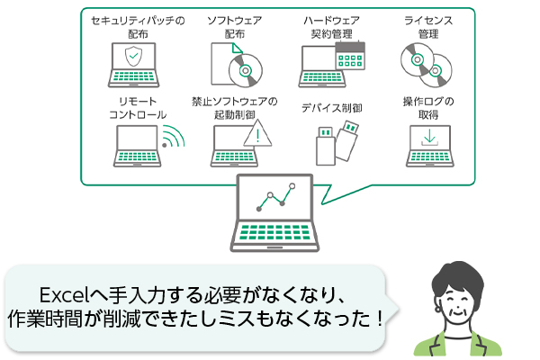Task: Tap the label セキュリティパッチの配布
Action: point(131,26)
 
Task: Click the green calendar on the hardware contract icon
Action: point(346,55)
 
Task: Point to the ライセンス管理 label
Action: point(427,26)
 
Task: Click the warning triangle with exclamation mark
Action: point(258,136)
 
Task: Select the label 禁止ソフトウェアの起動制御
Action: point(235,108)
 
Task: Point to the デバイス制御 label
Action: point(333,108)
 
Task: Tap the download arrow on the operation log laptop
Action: point(430,137)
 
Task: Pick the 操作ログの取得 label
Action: point(428,108)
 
